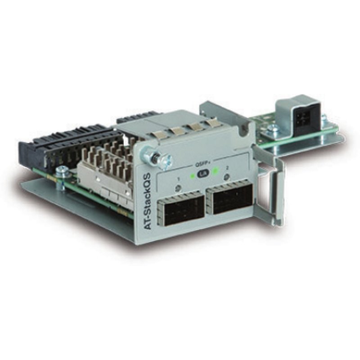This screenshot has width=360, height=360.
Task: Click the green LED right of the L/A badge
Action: [x=216, y=170]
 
